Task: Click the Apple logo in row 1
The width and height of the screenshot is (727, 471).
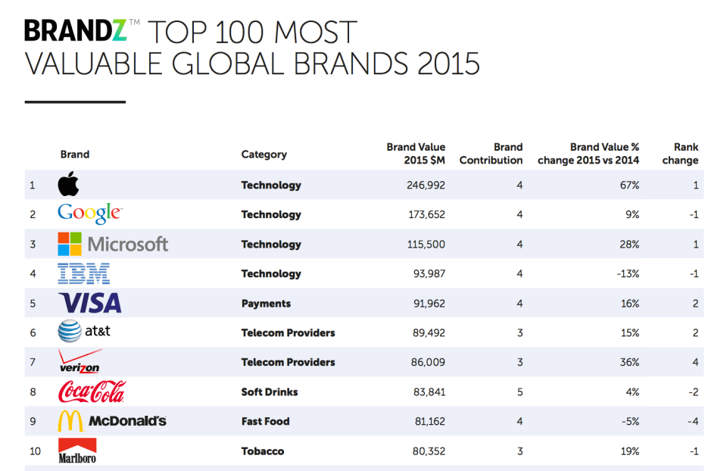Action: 68,184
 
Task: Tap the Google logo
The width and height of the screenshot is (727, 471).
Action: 89,214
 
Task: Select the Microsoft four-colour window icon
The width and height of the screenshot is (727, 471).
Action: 70,244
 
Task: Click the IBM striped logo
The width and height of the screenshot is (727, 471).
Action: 84,273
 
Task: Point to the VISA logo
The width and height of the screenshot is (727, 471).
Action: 90,303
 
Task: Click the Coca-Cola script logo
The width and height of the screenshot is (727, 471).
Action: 91,391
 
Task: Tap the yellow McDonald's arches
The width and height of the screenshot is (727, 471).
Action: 70,421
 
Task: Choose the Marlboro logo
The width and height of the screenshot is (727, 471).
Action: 77,451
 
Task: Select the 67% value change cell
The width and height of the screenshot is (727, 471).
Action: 630,185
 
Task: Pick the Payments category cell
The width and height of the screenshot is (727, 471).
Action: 266,303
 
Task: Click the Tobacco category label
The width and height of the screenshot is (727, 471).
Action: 263,451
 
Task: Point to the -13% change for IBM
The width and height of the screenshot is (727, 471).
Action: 628,273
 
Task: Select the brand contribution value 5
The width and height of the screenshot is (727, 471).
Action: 520,391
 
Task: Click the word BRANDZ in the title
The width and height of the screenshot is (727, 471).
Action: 76,32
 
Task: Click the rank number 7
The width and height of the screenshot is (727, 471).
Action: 33,362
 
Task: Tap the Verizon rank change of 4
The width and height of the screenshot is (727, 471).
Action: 695,362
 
